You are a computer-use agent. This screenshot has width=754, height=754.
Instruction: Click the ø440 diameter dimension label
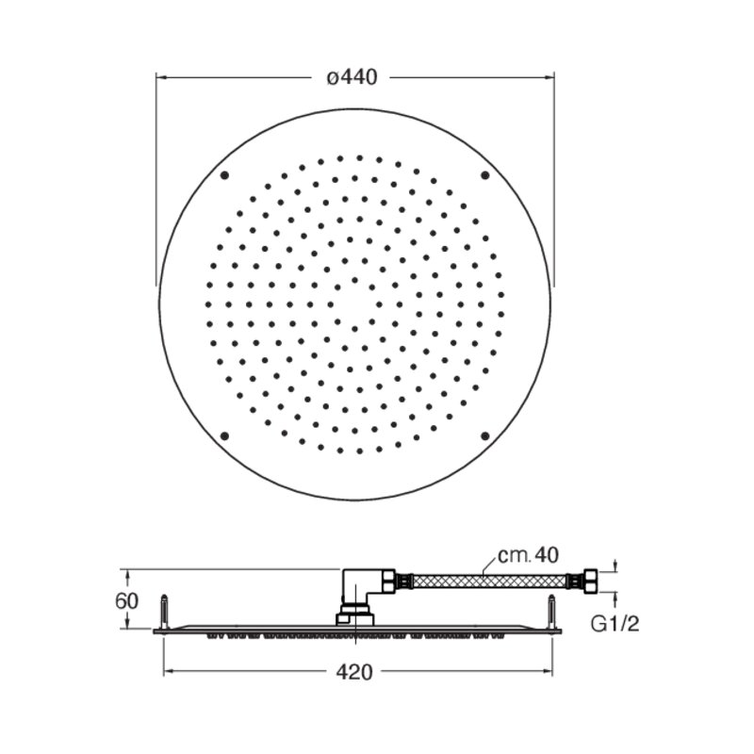[x=352, y=77]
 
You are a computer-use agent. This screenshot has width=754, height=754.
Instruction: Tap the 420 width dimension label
[x=354, y=672]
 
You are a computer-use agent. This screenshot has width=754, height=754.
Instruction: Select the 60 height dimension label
[x=126, y=600]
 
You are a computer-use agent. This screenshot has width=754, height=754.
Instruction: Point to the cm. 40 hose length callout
[x=528, y=555]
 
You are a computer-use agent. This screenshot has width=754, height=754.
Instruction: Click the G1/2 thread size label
[x=615, y=624]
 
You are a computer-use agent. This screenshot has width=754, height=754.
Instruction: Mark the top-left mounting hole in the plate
[x=224, y=175]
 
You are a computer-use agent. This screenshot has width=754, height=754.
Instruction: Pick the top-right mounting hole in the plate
[x=485, y=175]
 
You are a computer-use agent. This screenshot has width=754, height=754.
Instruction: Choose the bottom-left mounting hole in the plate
[x=224, y=436]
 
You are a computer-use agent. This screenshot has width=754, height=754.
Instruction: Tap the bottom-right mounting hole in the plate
[x=485, y=436]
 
